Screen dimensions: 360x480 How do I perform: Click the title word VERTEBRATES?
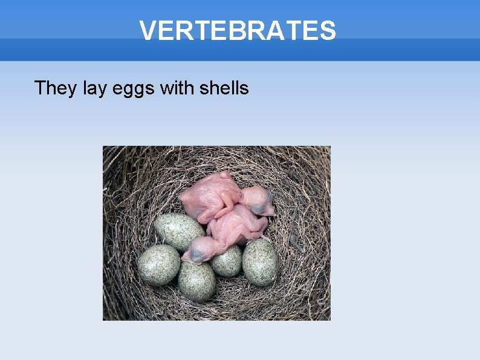click(237, 30)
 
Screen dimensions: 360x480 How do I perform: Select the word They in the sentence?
click(56, 88)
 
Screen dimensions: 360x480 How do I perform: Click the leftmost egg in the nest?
click(159, 265)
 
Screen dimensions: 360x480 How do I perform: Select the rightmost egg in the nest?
click(261, 262)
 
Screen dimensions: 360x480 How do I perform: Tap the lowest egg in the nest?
click(197, 281)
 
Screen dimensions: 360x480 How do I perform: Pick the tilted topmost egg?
click(179, 232)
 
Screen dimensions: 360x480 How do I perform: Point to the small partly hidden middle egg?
click(227, 261)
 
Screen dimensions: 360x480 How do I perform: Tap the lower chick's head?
click(201, 249)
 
